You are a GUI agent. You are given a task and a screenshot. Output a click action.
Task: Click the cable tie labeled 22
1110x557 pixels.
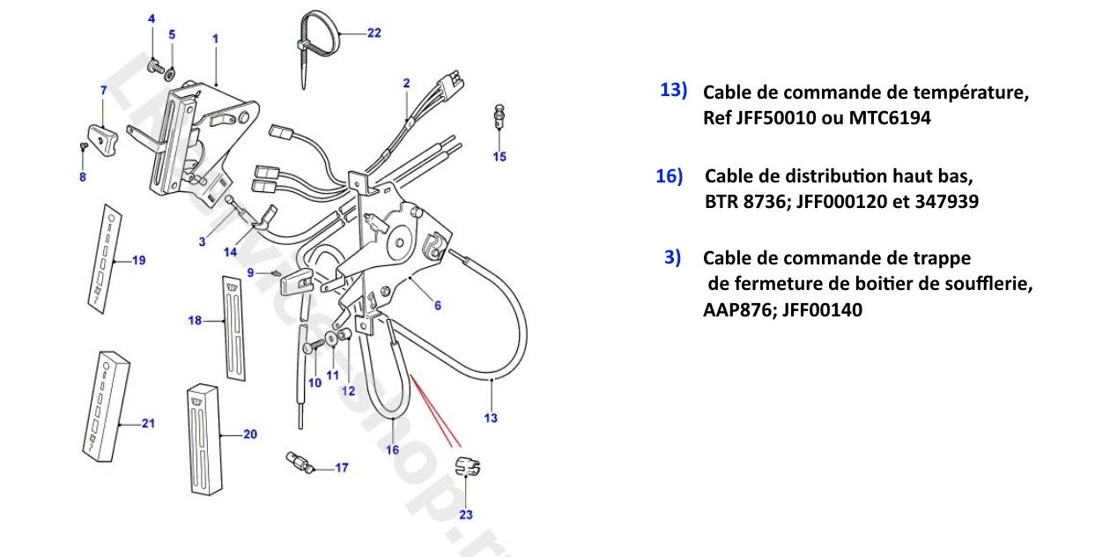point(314,35)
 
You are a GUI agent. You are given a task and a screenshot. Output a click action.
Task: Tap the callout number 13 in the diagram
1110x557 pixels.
point(491,418)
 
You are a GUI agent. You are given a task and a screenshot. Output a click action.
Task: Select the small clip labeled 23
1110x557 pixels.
point(466,467)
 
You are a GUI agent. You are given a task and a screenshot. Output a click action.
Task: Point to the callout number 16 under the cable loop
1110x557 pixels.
point(393,449)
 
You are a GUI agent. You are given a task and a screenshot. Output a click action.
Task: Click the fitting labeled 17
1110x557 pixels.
point(299,462)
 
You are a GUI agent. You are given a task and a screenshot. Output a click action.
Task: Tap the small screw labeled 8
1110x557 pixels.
point(83,145)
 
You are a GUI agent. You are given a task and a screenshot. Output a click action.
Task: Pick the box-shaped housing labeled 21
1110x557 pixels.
point(108,406)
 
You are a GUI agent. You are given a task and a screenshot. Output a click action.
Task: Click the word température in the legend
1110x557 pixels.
point(973,93)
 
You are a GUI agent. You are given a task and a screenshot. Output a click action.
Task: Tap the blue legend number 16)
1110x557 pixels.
point(669,176)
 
